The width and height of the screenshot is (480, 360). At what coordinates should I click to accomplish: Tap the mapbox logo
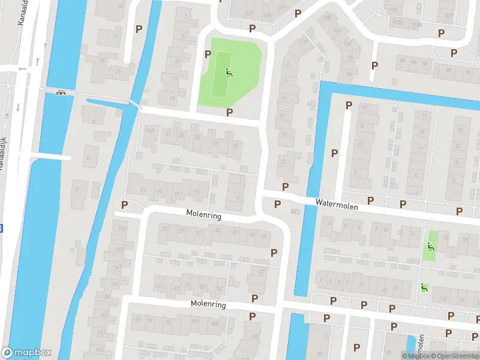pyautogui.click(x=26, y=353)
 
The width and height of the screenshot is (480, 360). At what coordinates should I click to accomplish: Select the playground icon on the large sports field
pyautogui.click(x=228, y=73)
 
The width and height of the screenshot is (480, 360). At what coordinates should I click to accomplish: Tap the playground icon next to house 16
pyautogui.click(x=430, y=246)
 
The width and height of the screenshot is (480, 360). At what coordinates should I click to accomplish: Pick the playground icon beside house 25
pyautogui.click(x=424, y=287)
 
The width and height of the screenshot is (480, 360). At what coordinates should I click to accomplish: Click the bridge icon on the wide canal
pyautogui.click(x=61, y=93)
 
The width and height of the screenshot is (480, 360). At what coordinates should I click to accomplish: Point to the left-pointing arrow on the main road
pyautogui.click(x=23, y=69)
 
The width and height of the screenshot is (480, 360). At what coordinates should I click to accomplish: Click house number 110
pyautogui.click(x=304, y=42)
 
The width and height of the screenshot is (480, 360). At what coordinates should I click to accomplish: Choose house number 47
pyautogui.click(x=262, y=272)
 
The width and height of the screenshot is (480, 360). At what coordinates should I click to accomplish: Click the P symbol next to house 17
pyautogui.click(x=139, y=28)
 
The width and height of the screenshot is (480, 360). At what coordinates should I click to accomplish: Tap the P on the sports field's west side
pyautogui.click(x=208, y=54)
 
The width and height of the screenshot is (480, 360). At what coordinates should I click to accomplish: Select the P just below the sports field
pyautogui.click(x=229, y=112)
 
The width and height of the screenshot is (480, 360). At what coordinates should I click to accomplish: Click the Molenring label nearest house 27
pyautogui.click(x=203, y=214)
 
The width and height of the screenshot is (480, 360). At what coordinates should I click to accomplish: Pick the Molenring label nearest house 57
pyautogui.click(x=208, y=304)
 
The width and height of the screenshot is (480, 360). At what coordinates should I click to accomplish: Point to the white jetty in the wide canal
pyautogui.click(x=50, y=158)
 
